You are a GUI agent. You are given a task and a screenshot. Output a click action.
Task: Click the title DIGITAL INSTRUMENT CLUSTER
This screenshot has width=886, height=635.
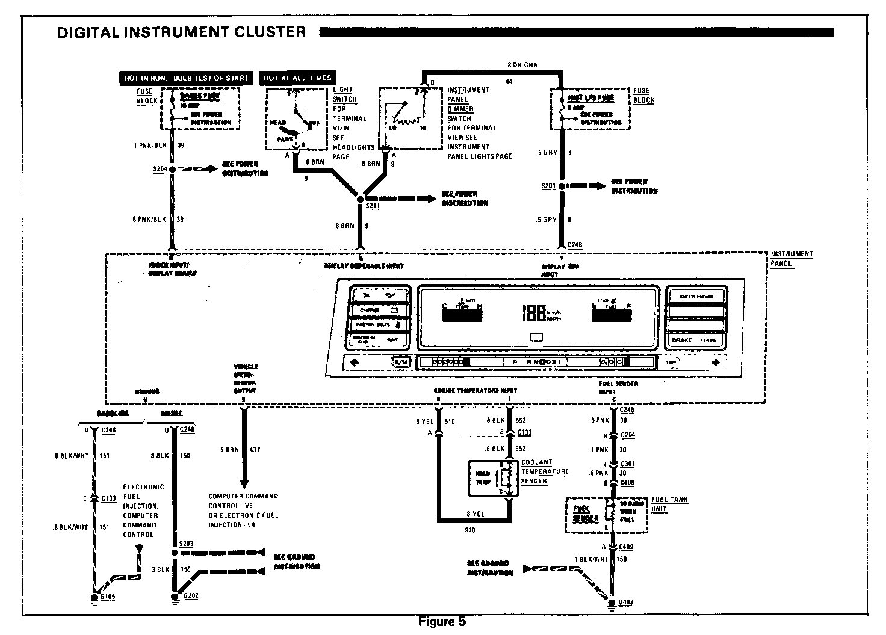coord(181,32)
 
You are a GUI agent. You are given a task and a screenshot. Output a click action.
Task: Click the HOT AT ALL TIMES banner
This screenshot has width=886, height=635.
coord(297,78)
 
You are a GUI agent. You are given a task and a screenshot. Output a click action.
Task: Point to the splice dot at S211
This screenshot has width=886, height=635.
coord(361,198)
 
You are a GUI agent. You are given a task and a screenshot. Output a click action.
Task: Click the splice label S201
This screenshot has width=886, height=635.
coord(548,186)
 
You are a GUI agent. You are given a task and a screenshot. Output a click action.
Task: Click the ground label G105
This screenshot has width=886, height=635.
coord(109,597)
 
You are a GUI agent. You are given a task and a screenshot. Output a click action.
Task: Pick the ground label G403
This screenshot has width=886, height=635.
coord(626,602)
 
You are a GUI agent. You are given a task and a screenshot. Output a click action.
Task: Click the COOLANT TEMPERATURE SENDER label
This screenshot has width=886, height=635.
coord(545,471)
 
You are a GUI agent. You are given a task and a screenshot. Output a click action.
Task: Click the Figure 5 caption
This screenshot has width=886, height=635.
coord(442,622)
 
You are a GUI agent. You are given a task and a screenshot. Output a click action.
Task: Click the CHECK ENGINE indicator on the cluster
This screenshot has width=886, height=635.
coord(696,296)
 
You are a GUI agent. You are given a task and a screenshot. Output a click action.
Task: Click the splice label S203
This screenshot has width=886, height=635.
coord(187,544)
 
